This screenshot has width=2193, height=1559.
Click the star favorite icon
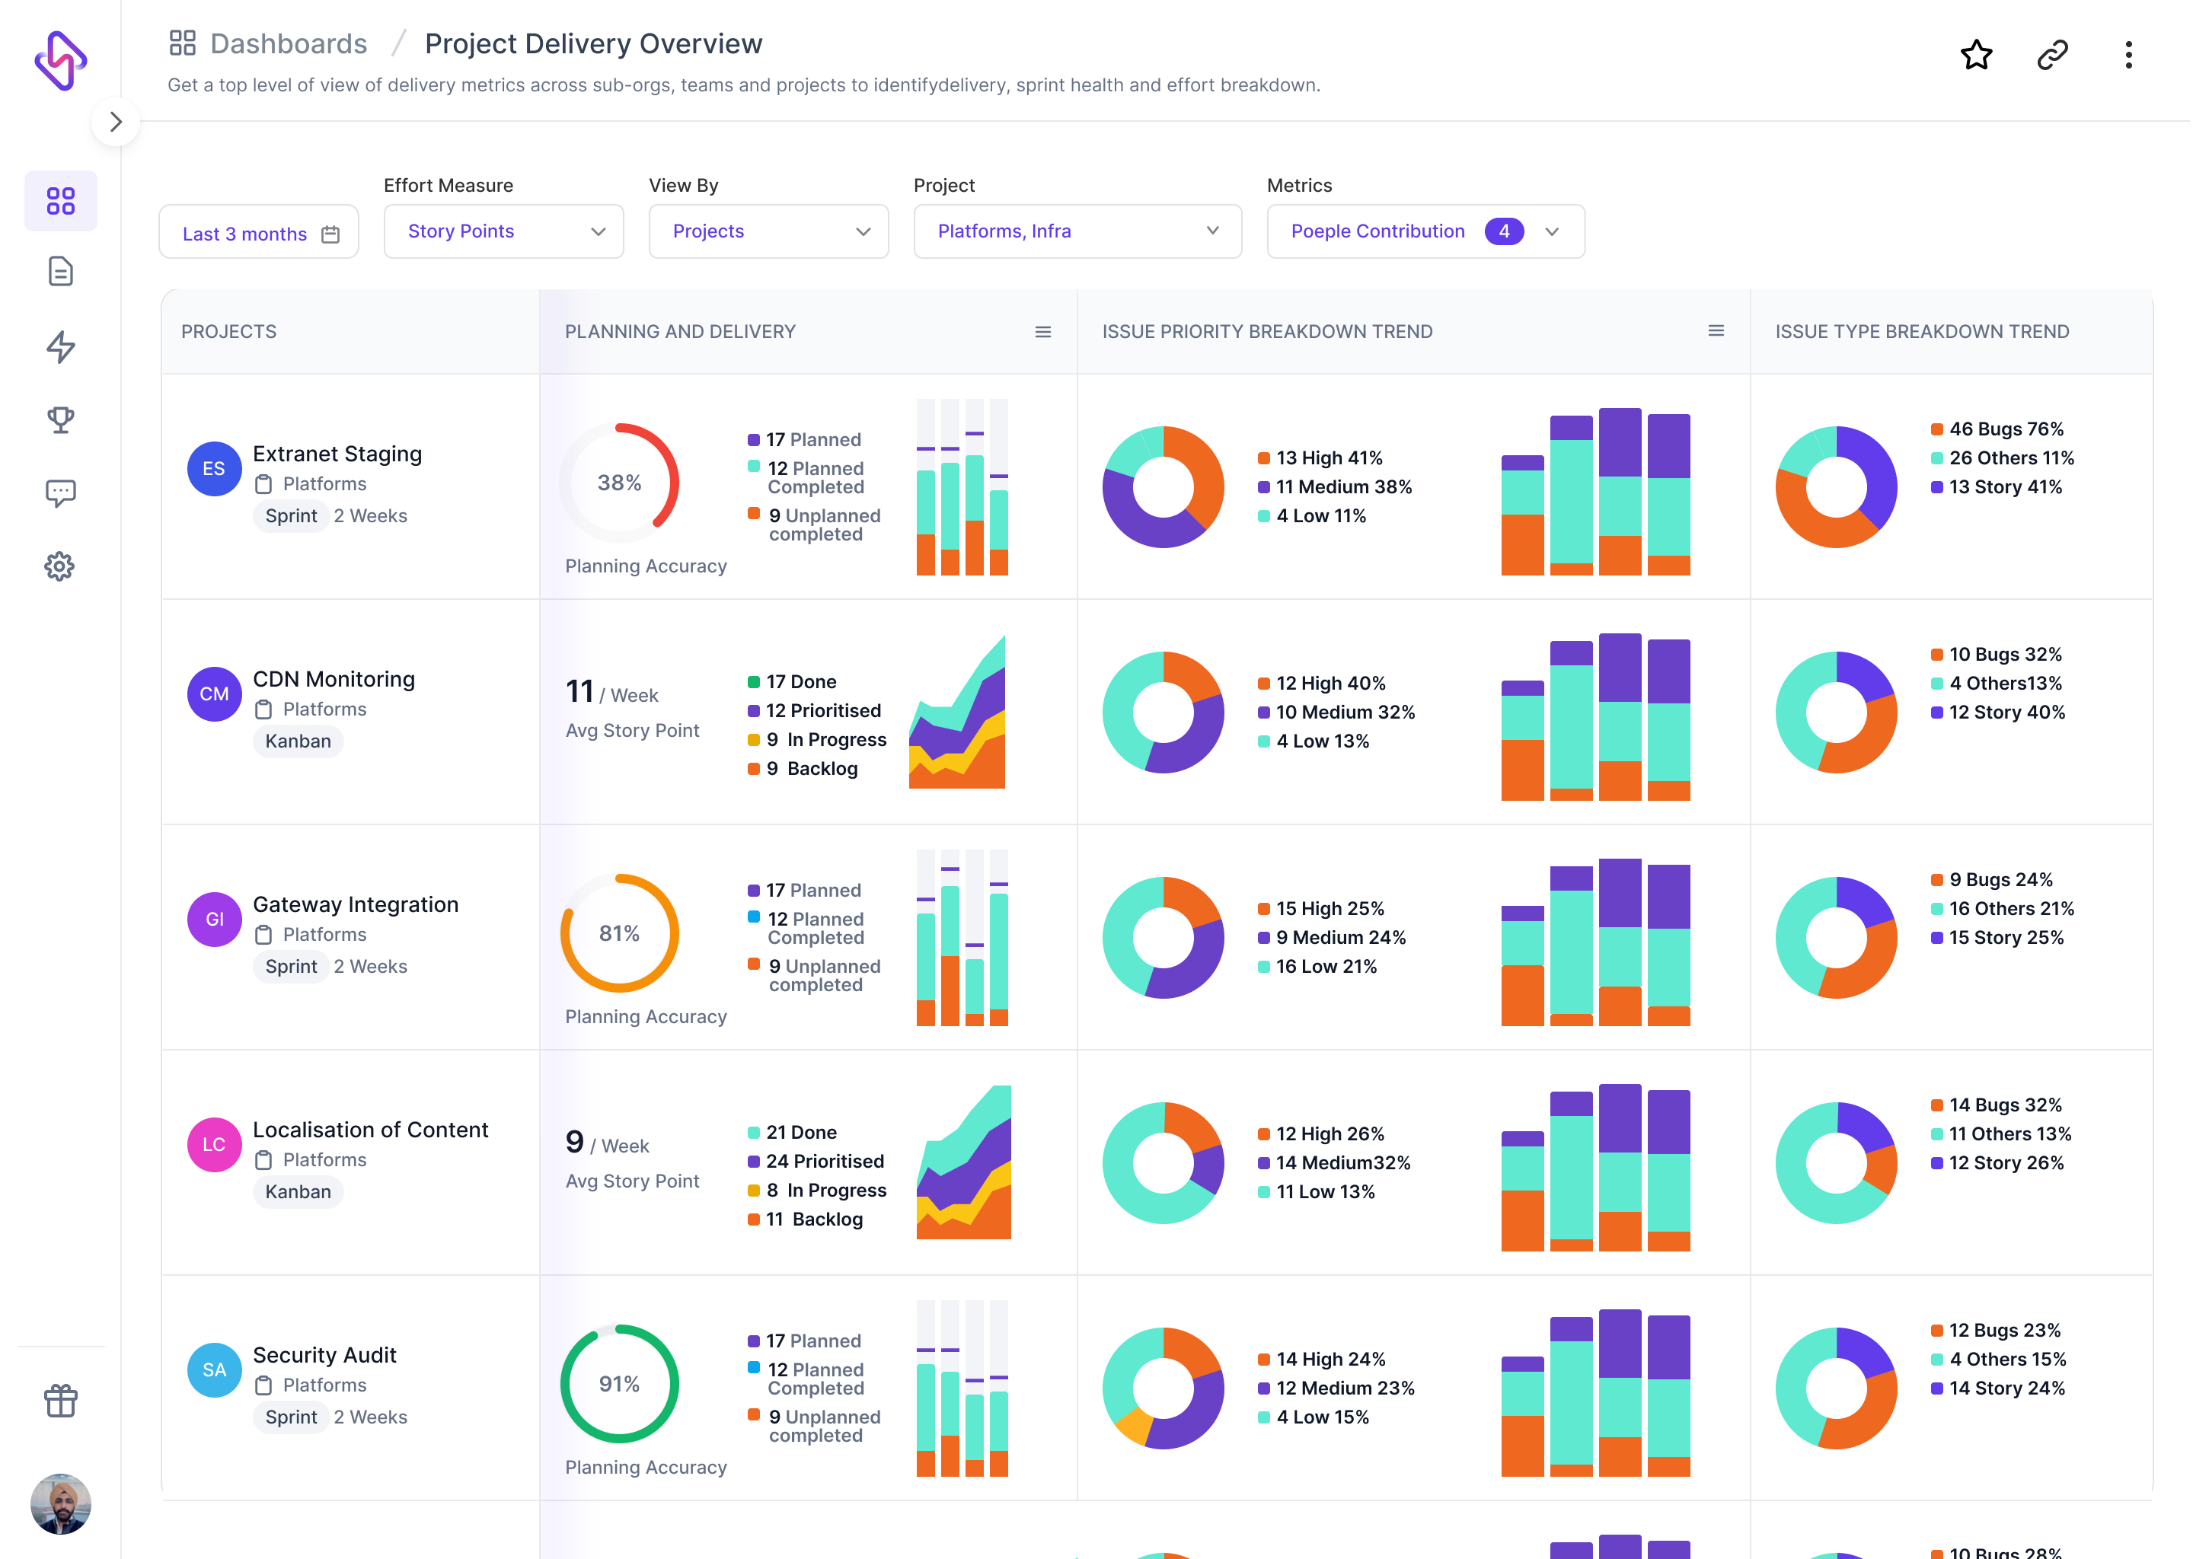point(1975,55)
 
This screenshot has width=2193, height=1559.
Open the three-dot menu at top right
point(2128,55)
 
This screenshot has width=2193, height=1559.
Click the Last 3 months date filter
point(258,233)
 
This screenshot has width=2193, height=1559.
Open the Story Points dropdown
point(503,231)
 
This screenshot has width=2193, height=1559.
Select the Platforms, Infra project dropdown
point(1077,231)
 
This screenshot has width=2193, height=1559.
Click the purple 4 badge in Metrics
point(1502,231)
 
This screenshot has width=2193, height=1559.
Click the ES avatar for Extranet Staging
point(214,468)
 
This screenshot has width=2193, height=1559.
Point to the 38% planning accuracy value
point(619,483)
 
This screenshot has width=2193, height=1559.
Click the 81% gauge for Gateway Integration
point(619,933)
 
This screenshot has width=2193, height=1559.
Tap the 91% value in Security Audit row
point(619,1383)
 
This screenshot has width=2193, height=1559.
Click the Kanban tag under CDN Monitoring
point(298,741)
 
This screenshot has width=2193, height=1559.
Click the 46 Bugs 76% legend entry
point(2004,429)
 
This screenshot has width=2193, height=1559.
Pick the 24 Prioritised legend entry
point(824,1162)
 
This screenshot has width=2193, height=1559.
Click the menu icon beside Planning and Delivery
point(1042,332)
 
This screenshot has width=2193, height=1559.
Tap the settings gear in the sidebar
point(59,566)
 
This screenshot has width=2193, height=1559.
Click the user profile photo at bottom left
point(60,1503)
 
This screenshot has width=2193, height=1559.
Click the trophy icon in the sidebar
point(60,419)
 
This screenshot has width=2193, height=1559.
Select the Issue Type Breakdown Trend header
point(1921,331)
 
